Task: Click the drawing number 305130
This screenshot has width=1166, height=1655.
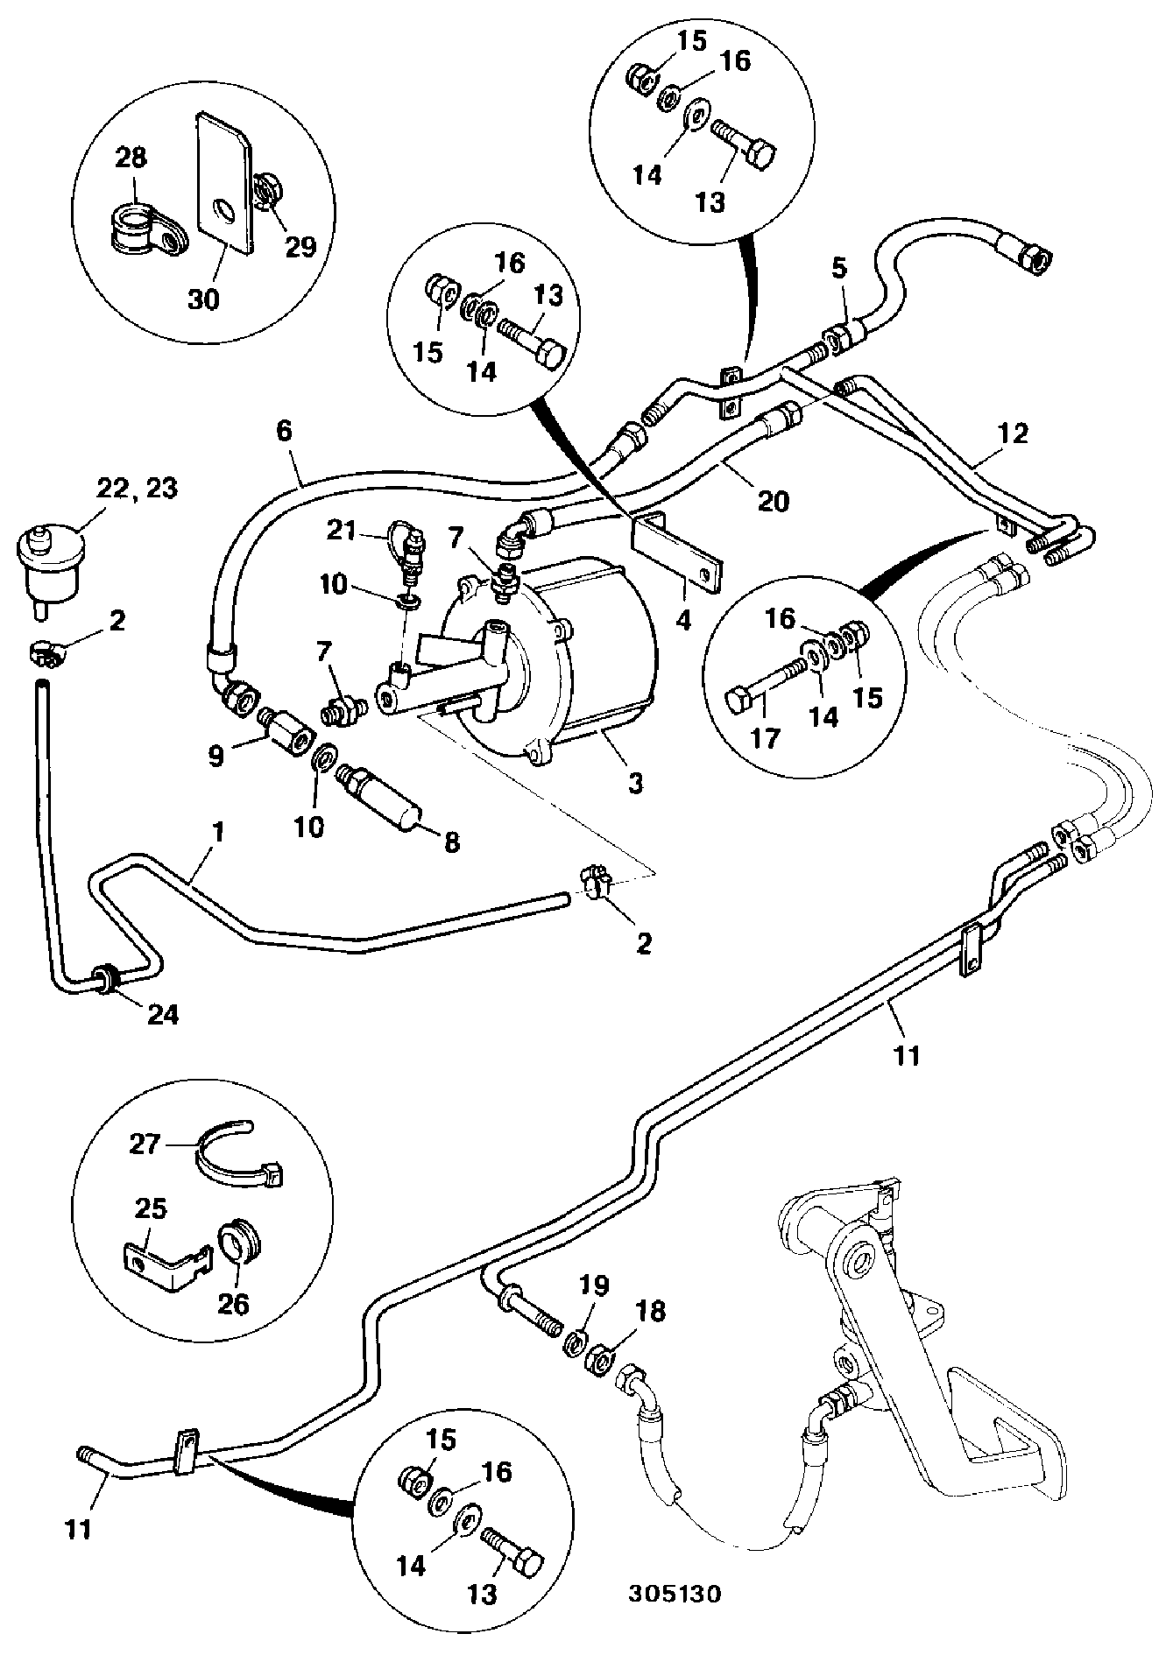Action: coord(674,1593)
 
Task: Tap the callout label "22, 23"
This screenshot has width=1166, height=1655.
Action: coord(138,488)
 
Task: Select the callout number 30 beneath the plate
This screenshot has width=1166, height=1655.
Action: coord(203,299)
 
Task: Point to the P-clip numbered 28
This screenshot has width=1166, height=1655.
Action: coord(152,229)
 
